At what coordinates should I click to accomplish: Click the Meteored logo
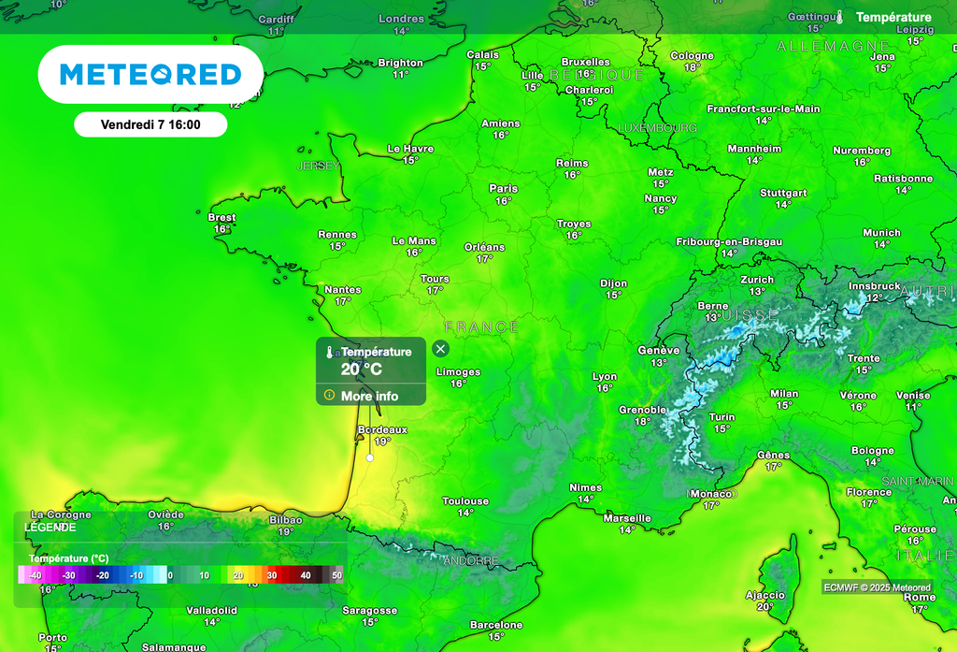pyautogui.click(x=150, y=74)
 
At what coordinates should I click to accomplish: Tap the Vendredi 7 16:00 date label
pyautogui.click(x=150, y=123)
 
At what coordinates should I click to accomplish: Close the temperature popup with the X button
pyautogui.click(x=440, y=349)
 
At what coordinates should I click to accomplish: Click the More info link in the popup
pyautogui.click(x=369, y=396)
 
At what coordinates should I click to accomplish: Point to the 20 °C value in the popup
pyautogui.click(x=362, y=369)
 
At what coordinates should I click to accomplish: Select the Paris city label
pyautogui.click(x=503, y=189)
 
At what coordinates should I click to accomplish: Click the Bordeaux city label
pyautogui.click(x=382, y=430)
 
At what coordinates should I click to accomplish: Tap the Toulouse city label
pyautogui.click(x=465, y=501)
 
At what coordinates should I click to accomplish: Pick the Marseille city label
pyautogui.click(x=627, y=518)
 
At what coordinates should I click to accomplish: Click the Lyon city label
pyautogui.click(x=605, y=377)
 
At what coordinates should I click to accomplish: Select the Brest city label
pyautogui.click(x=221, y=218)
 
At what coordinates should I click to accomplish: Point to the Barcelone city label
pyautogui.click(x=496, y=625)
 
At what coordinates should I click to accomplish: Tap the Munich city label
pyautogui.click(x=881, y=233)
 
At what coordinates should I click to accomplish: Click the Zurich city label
pyautogui.click(x=757, y=280)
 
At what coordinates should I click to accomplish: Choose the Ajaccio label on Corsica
pyautogui.click(x=765, y=595)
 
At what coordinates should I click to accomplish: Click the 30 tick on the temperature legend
pyautogui.click(x=272, y=575)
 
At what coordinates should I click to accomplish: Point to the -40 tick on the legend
pyautogui.click(x=35, y=575)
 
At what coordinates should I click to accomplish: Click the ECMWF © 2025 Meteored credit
pyautogui.click(x=877, y=587)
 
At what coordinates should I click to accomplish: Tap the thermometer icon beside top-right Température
pyautogui.click(x=839, y=17)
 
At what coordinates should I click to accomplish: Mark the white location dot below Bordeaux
pyautogui.click(x=370, y=458)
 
